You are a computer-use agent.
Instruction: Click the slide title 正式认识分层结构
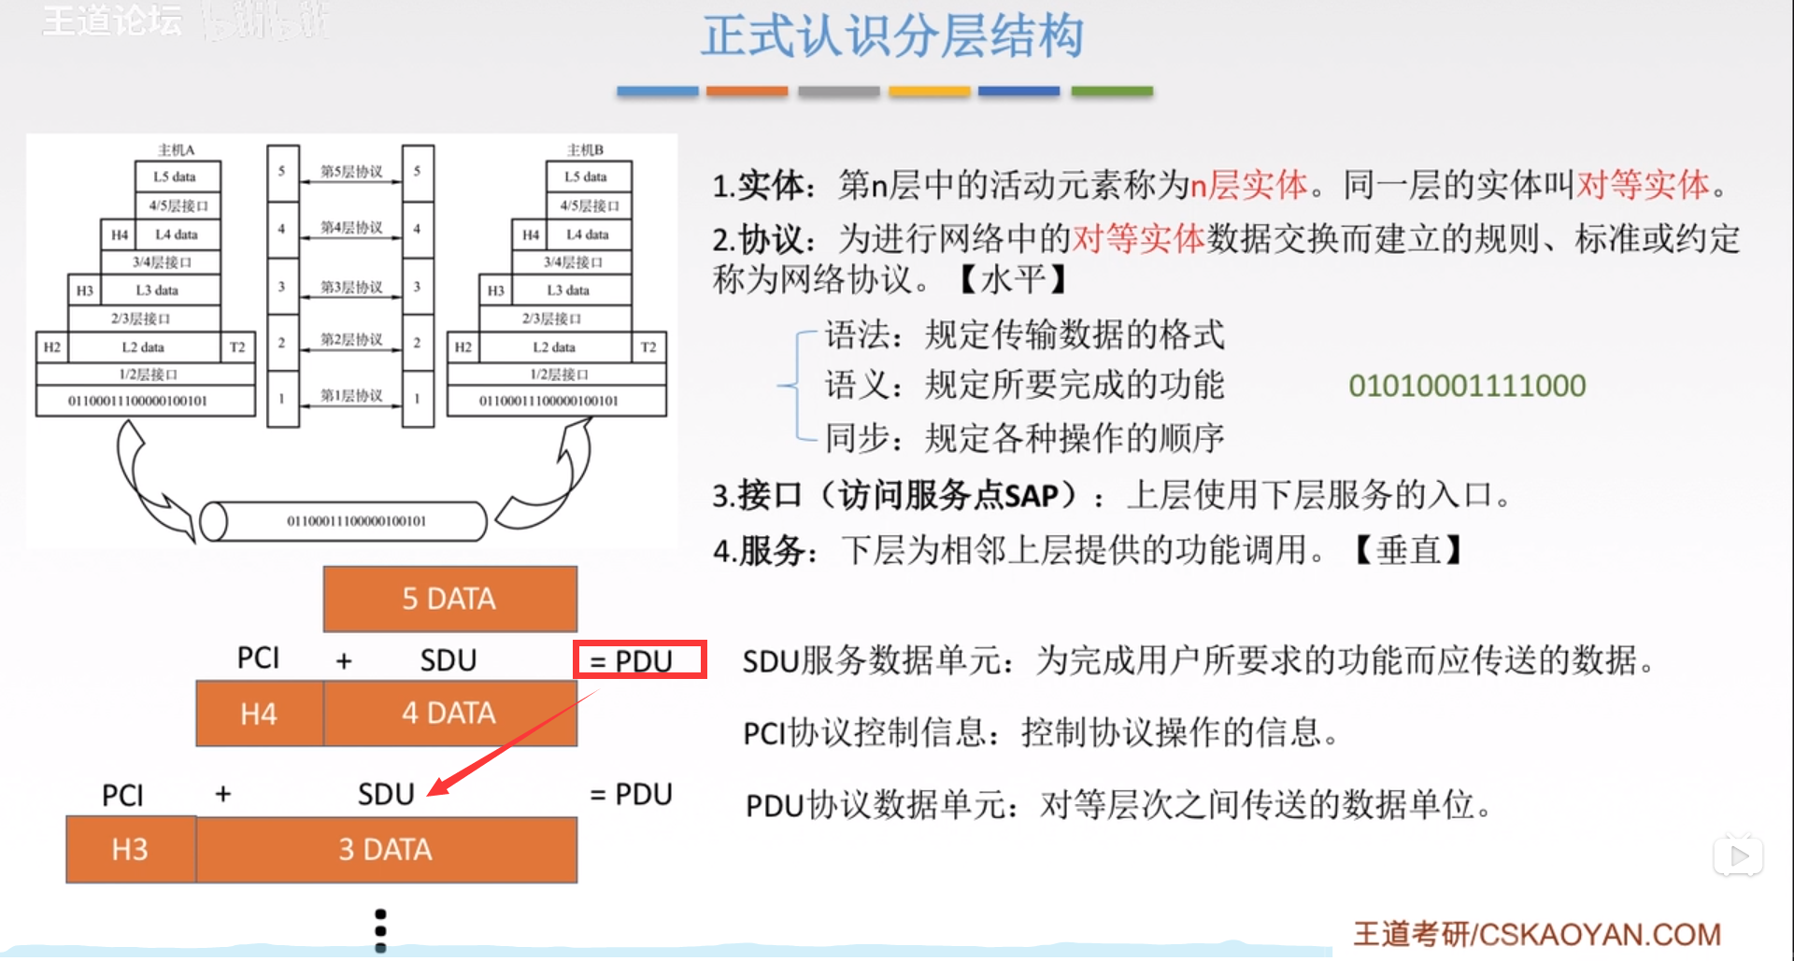point(892,37)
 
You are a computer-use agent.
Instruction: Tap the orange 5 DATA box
point(449,599)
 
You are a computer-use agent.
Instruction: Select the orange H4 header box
point(259,714)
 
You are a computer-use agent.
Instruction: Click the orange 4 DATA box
point(449,714)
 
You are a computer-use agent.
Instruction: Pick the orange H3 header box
point(130,850)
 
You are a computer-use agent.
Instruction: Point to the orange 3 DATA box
point(386,850)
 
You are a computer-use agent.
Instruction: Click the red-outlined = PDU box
point(640,660)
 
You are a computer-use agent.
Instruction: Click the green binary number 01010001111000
point(1467,386)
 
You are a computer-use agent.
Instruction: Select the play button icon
point(1738,855)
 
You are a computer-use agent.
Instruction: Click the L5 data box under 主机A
point(175,177)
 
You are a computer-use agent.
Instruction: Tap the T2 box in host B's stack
point(648,346)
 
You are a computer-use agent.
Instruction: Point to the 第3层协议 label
point(351,287)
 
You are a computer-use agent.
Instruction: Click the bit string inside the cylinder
point(356,521)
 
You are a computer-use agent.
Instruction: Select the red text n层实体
point(1248,185)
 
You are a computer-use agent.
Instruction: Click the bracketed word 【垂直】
point(1408,550)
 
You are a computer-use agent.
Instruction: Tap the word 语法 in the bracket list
point(857,334)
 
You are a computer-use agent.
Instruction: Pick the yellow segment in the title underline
point(929,92)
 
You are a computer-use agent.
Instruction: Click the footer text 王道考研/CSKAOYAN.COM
point(1537,935)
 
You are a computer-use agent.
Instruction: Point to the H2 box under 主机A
point(52,346)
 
